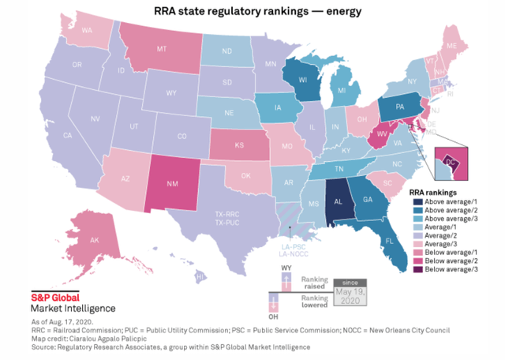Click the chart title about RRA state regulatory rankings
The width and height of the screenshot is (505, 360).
(x=252, y=12)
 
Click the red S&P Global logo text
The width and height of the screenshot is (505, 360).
(x=49, y=298)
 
